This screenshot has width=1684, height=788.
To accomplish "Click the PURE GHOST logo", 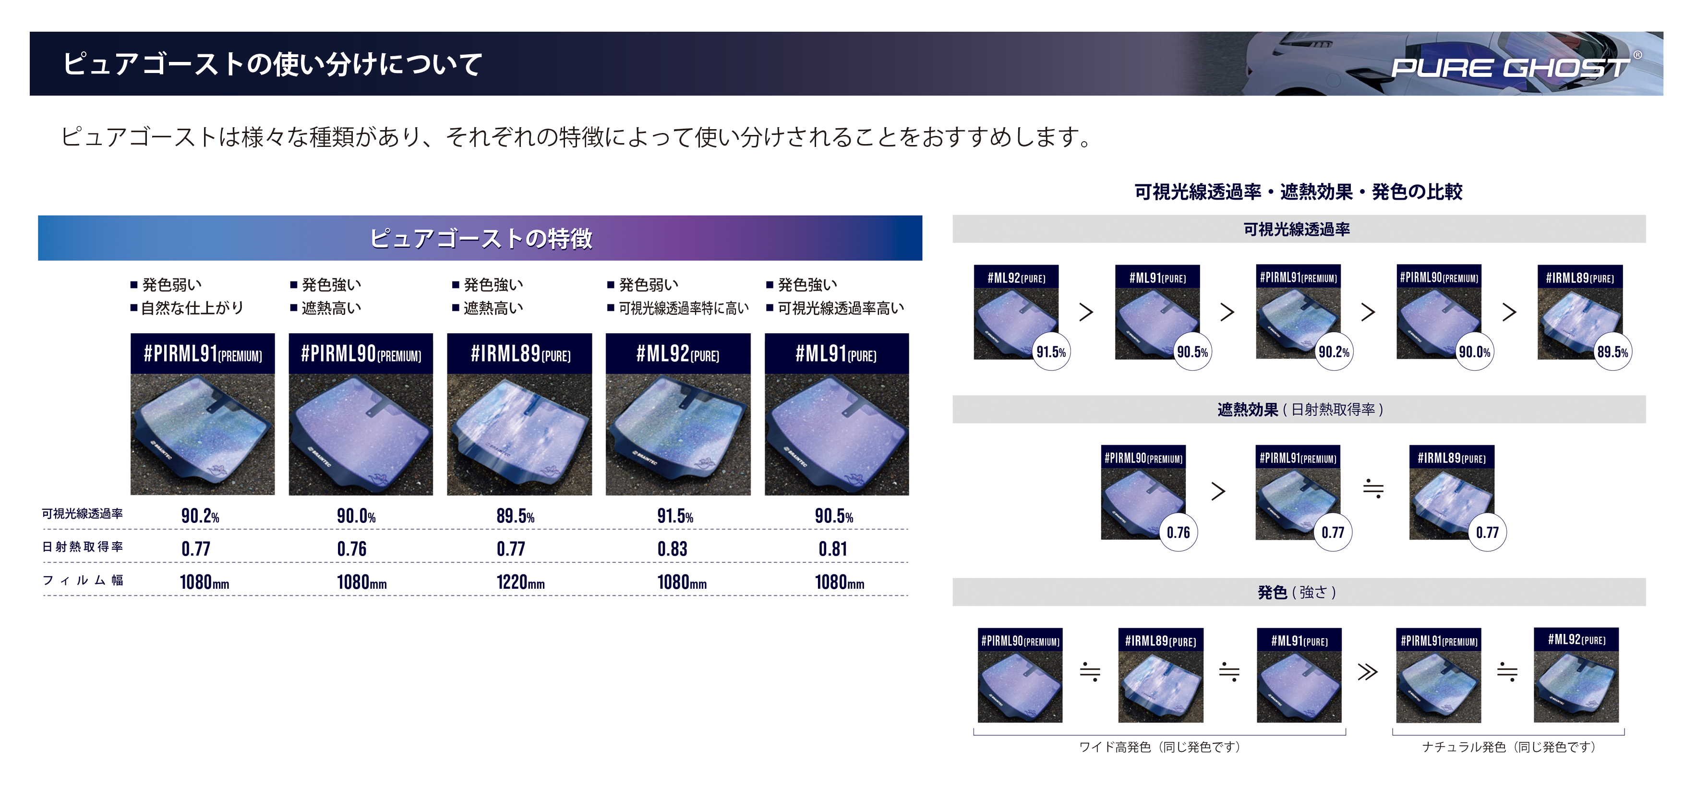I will (1510, 67).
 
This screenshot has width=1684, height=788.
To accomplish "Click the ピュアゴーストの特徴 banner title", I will (481, 238).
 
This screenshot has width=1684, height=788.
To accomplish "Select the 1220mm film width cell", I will (520, 582).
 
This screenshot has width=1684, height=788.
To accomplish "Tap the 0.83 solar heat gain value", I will (672, 549).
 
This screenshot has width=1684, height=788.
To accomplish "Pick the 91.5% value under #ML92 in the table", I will (674, 516).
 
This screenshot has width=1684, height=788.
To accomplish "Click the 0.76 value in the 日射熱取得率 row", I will (352, 549).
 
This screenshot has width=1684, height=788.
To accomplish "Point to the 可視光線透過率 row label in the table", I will (83, 513).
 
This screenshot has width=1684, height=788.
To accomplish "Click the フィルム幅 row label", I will (83, 580).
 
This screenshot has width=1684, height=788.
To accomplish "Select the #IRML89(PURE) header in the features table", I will (520, 354).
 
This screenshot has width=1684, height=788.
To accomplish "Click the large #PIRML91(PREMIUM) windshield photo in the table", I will (202, 434).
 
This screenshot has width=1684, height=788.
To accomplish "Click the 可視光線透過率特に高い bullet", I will (683, 308).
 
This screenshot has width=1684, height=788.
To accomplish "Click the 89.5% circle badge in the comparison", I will (1612, 352).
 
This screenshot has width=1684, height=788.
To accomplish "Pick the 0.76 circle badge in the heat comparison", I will (1178, 533).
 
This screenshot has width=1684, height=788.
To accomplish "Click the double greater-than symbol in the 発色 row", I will (1367, 672).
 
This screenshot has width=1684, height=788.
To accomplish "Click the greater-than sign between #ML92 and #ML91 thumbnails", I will (1086, 312).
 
